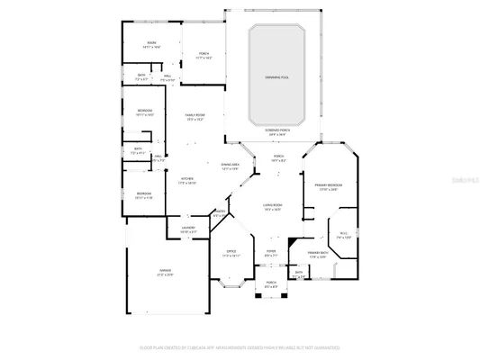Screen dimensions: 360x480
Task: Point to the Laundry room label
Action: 188,229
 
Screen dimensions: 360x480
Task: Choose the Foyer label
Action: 270,253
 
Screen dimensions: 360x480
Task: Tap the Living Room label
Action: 273,207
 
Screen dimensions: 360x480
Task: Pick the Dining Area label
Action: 231,166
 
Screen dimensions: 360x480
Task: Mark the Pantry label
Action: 219,215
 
